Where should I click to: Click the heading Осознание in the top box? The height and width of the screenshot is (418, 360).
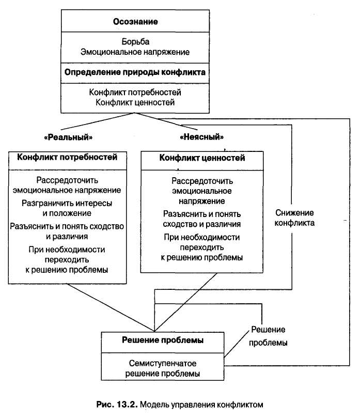point(135,22)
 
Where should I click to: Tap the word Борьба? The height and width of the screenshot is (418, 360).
point(135,41)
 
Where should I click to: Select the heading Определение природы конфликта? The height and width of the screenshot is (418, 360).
point(135,72)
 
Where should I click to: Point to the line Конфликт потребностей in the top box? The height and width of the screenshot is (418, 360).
point(135,92)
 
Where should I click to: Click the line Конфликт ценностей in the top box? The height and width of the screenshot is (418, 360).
point(135,102)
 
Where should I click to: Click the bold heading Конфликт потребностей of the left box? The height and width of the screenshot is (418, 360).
point(68,157)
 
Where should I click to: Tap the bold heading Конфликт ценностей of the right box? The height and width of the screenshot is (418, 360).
point(202,158)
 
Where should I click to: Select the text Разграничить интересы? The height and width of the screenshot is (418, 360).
point(68,203)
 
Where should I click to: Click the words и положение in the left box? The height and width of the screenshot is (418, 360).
point(68,213)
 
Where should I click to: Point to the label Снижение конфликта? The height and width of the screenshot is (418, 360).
point(294,218)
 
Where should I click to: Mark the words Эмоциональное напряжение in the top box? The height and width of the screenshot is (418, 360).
point(135,52)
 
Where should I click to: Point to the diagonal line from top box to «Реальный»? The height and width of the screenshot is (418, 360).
point(96,122)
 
